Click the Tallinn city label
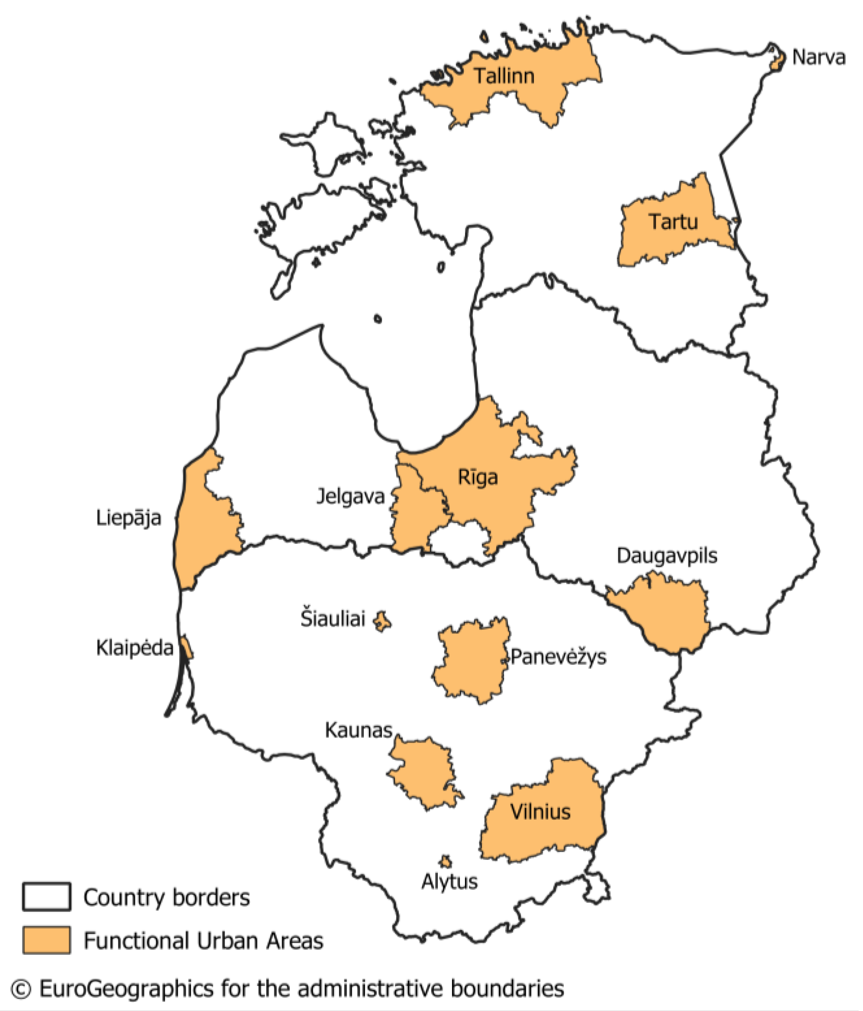504,76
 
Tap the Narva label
818,57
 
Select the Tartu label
673,222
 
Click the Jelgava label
350,497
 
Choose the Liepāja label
128,518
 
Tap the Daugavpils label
667,556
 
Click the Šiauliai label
333,619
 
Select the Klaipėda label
135,648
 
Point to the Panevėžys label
558,657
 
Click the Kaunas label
358,730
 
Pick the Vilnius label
540,812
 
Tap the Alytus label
449,882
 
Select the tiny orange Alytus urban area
445,862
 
